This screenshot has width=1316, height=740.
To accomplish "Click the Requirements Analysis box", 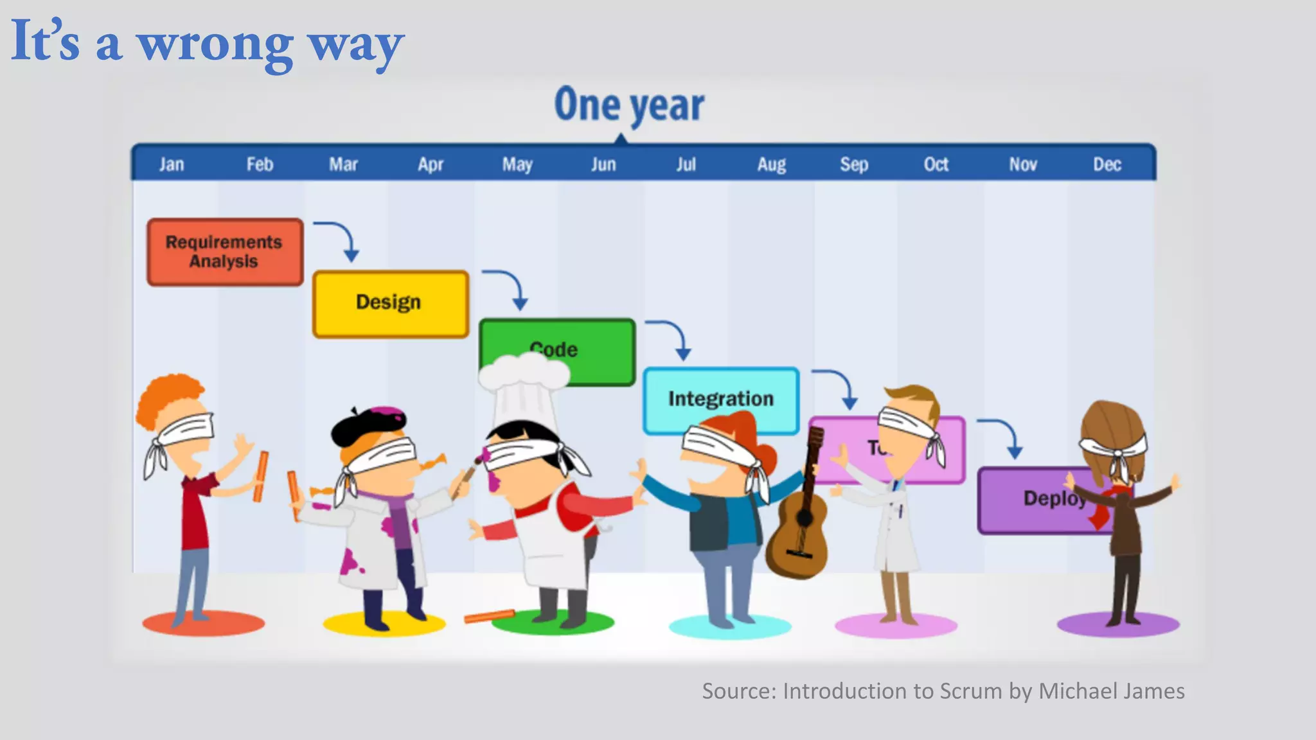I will coord(224,252).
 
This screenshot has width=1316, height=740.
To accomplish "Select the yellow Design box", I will coord(390,303).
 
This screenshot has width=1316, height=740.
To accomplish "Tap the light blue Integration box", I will coord(720,398).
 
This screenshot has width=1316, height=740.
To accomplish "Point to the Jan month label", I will coord(172,164).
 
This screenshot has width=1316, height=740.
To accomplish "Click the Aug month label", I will coord(771,164).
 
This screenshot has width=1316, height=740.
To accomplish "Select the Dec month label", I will coord(1107,164).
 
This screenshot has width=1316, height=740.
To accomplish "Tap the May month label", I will coord(517,164).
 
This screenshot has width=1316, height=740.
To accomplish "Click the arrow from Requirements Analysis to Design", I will coord(341,238).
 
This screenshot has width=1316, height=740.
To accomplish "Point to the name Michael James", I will coord(1111,691).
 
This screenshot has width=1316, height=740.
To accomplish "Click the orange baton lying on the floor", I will coord(490,617).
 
